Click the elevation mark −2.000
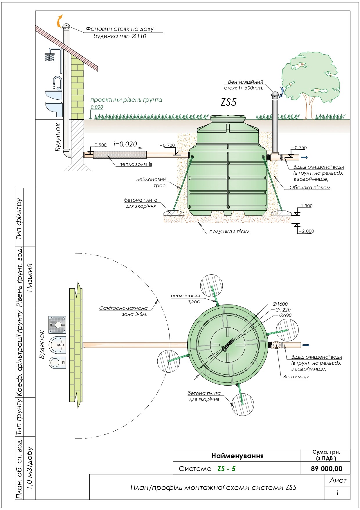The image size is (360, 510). (x=306, y=231)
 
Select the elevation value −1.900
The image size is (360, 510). (x=305, y=206)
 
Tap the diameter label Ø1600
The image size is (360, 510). (x=280, y=304)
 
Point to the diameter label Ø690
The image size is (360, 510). (x=285, y=315)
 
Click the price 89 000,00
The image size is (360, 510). (x=327, y=468)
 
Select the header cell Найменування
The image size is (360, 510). (x=237, y=456)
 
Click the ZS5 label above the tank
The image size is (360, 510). (x=229, y=102)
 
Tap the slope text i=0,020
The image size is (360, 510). (x=125, y=144)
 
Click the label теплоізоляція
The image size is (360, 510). (x=136, y=164)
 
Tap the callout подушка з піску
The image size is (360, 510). (x=229, y=232)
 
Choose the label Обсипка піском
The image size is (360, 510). (x=310, y=187)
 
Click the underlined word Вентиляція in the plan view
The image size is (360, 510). (x=296, y=377)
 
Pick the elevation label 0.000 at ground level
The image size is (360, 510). (x=97, y=107)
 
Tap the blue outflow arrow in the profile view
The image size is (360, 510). (x=304, y=157)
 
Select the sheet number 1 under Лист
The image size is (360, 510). (x=337, y=493)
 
